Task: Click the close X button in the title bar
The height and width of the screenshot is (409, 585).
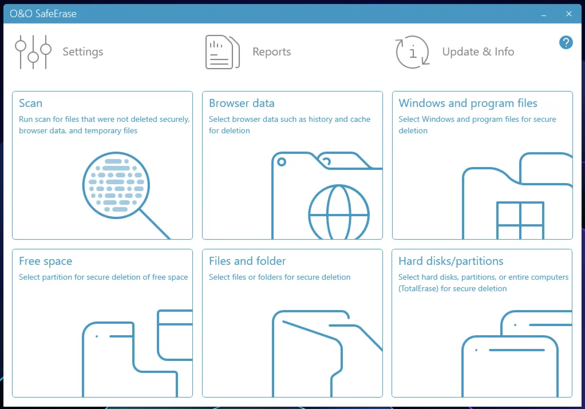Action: point(568,14)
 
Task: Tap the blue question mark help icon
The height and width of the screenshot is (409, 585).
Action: point(566,42)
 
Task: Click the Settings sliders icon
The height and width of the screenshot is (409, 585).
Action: point(33,52)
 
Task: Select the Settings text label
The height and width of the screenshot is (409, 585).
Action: point(83,51)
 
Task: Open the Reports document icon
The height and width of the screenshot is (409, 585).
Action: point(222,52)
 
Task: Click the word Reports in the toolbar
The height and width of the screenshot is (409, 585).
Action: point(271,51)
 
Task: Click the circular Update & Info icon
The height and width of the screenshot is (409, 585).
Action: point(413,52)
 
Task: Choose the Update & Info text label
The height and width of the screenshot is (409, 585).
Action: point(478,51)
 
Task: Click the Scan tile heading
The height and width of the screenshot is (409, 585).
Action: point(30,104)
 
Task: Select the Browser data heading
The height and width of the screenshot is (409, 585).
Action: point(242,104)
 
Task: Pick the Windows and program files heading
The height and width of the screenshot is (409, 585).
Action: point(468,104)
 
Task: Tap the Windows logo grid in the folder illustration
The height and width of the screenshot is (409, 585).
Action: point(520,220)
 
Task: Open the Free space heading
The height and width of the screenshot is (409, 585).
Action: point(46,261)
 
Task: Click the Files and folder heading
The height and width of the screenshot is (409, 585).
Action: point(247,261)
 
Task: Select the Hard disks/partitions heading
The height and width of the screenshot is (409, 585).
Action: point(450,261)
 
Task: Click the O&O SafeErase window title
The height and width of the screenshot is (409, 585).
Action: point(43,14)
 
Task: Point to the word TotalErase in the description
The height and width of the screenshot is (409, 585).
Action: point(418,288)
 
